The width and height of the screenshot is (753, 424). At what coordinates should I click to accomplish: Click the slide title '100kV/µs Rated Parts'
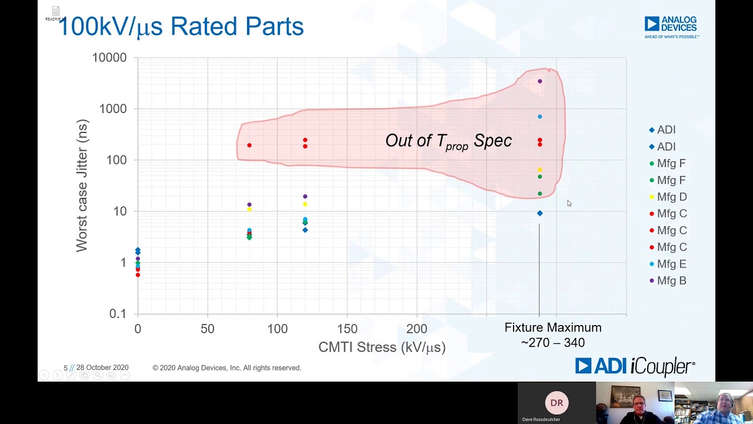(181, 26)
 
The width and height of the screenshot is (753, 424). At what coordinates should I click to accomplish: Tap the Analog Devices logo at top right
(671, 27)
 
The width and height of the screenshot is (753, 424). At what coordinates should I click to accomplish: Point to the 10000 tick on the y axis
(109, 58)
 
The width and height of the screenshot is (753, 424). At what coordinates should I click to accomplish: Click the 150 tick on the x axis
(347, 329)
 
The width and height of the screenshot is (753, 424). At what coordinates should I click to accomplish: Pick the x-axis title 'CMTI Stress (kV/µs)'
(382, 347)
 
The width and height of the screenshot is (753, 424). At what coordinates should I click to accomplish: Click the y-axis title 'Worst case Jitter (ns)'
(82, 185)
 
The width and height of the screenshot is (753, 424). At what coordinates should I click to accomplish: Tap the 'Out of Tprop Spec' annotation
(448, 141)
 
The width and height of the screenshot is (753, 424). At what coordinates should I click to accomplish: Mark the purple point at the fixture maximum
(540, 81)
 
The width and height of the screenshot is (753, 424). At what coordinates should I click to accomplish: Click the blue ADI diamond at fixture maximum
(540, 213)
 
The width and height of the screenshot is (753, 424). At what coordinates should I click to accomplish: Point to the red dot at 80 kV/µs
(249, 145)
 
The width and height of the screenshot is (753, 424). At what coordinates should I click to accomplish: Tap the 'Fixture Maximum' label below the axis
(553, 328)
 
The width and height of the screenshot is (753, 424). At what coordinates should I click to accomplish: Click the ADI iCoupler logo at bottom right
(635, 366)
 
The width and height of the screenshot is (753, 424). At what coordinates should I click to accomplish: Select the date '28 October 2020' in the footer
(102, 367)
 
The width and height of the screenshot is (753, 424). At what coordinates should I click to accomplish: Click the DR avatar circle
(557, 403)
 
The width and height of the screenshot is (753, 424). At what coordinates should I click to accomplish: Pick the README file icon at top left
(55, 12)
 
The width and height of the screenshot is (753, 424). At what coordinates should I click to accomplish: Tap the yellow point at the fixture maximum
(540, 170)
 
